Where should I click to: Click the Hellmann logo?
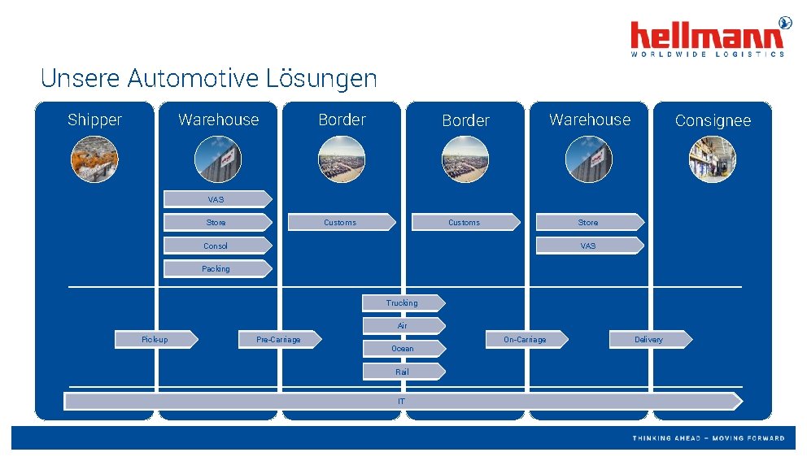coord(708,37)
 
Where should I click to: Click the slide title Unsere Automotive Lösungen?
coord(208,79)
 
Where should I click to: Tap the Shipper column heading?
coord(94,120)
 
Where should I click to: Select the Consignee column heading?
coord(713,121)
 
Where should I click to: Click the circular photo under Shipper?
coord(94,159)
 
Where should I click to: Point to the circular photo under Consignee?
coord(713,159)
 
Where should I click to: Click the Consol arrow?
coord(217,246)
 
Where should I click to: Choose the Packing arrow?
coord(217,268)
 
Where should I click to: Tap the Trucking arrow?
coord(403,303)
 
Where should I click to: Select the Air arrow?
coord(403,326)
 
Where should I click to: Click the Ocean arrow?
coord(403,349)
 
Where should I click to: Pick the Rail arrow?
coord(403,372)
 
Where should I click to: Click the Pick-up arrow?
coord(155,339)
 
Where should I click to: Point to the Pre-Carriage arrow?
coord(279,339)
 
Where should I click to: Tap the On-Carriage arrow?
coord(526,339)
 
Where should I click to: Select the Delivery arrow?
coord(650,339)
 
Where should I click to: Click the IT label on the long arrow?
coord(402,401)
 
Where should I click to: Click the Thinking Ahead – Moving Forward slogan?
coord(709,438)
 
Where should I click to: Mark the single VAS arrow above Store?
coord(217,199)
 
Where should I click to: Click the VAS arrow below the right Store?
coord(589,246)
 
